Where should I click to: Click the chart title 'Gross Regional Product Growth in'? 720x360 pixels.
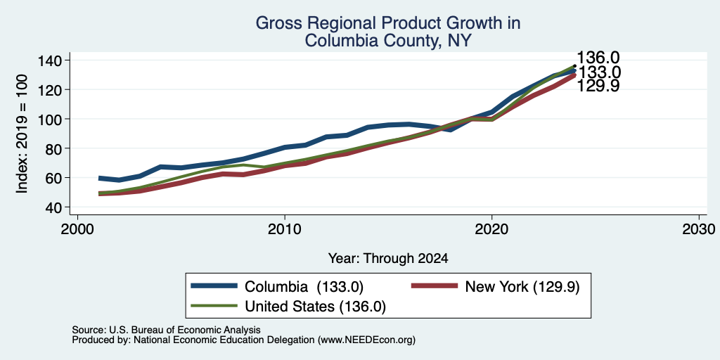pos(388,23)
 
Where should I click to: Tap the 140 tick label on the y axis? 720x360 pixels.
pos(51,60)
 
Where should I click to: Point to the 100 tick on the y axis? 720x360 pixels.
pos(51,119)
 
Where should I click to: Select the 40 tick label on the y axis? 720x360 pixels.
pos(55,207)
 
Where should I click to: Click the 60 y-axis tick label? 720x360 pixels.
pos(55,178)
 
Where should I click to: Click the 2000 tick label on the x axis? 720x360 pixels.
pos(77,229)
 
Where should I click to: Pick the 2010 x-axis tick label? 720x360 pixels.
pos(285,229)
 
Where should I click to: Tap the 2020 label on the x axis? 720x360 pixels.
pos(491,229)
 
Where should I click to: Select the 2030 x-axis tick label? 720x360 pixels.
pos(699,229)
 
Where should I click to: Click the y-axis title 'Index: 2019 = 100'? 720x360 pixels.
pos(22,134)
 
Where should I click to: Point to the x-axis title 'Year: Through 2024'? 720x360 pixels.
pos(388,259)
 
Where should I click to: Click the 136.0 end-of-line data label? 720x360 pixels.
pos(598,58)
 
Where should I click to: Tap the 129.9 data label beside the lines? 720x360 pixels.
pos(598,85)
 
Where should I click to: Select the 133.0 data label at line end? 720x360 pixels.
pos(599,72)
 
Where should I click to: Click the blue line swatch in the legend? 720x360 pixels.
pos(214,286)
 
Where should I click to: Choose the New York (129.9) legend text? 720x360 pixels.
pos(522,287)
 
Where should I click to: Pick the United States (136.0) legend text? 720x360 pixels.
pos(316,307)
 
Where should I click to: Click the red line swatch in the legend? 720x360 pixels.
pos(435,286)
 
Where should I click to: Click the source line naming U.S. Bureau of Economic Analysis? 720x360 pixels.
pos(166,330)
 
